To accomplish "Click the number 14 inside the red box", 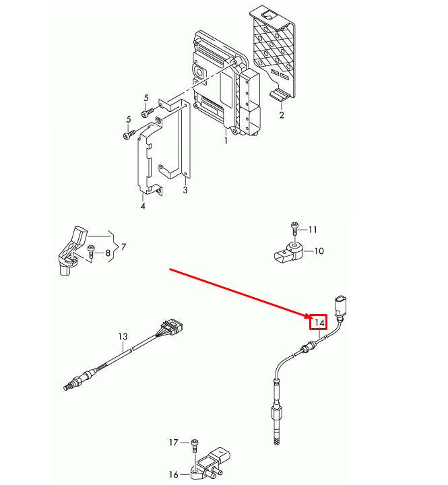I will click(319, 323).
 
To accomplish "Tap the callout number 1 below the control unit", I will click(226, 141).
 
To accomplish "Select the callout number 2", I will click(282, 115).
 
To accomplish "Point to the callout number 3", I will click(185, 191).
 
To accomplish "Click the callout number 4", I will click(143, 206).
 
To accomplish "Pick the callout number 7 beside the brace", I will click(123, 247).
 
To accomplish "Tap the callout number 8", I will click(107, 253).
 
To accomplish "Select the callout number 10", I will click(319, 251).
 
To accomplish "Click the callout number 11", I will click(313, 230).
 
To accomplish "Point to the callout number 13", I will click(123, 336).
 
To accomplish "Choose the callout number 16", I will click(174, 474).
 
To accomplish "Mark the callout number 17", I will click(174, 443).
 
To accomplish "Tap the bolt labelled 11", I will click(294, 228).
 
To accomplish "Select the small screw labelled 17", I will click(193, 444).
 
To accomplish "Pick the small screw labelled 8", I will click(91, 251).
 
